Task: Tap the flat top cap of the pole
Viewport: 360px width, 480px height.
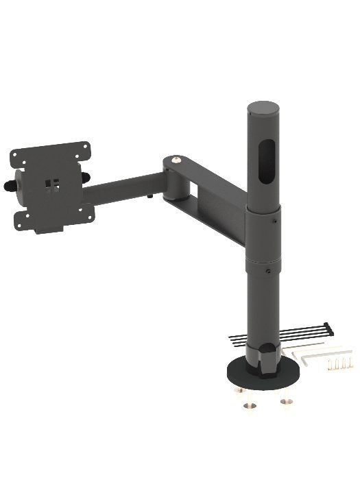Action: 263,108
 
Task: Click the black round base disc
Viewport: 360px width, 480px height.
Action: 240,374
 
